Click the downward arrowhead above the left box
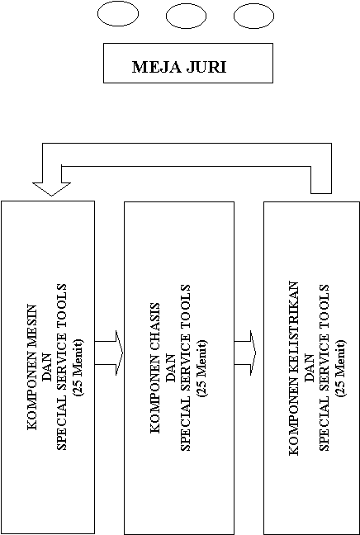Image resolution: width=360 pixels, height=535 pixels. click(51, 189)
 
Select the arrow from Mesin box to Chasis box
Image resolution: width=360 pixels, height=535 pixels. click(108, 353)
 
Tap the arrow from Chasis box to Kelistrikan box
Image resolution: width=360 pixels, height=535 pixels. click(245, 353)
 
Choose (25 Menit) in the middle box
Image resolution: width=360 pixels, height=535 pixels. click(200, 368)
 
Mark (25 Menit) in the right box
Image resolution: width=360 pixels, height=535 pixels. click(340, 368)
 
